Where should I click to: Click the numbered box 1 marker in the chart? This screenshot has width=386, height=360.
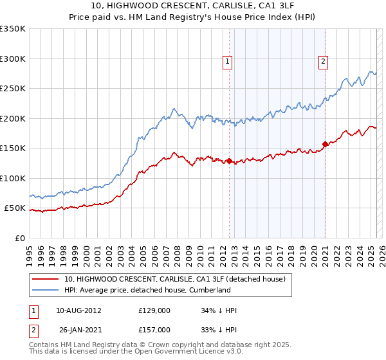coord(228,62)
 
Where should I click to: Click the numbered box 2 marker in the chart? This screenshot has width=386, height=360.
coord(323,62)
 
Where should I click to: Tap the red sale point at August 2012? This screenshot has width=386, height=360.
coord(229,161)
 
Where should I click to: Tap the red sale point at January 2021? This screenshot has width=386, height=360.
coord(326,144)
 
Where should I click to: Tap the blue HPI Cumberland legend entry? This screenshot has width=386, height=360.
coord(147,290)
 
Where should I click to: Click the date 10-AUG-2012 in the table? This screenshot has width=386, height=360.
coord(78,310)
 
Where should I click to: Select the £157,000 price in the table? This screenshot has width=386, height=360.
coord(154,330)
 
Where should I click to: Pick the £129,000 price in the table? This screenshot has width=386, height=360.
coord(154,310)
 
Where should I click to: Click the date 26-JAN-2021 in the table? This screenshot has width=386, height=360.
coord(78,330)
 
